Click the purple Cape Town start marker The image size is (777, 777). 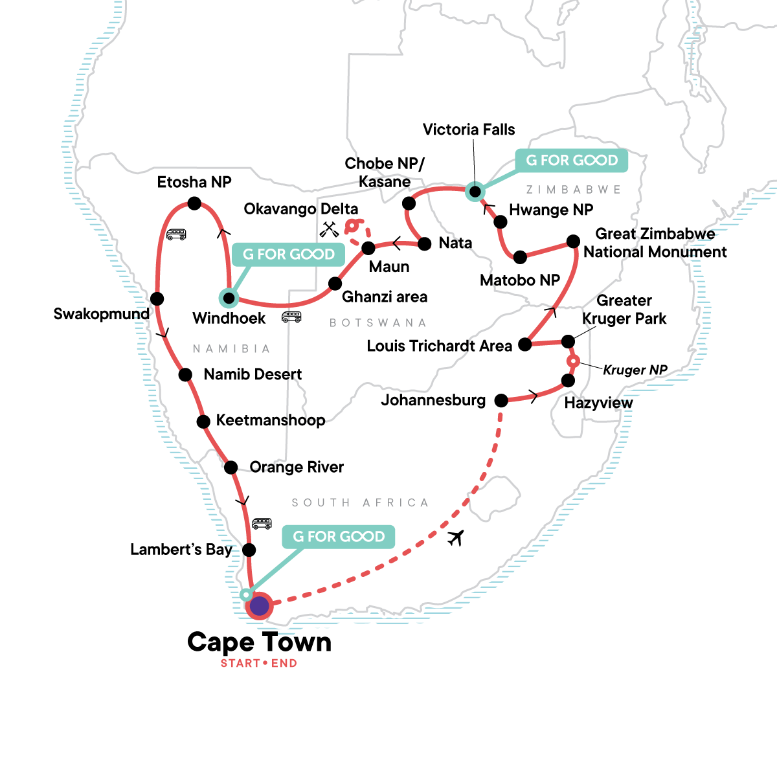coord(259,606)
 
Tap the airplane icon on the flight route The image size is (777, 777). coord(456,537)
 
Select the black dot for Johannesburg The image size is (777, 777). coord(501,401)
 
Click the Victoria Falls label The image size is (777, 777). coord(468,129)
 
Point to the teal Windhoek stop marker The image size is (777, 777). coord(229,298)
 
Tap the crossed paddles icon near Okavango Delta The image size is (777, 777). coord(330,229)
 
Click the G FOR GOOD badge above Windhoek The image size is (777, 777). coord(288,254)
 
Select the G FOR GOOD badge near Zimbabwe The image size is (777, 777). coord(572,161)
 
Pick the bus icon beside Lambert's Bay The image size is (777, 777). coord(262,524)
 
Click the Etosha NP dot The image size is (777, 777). coord(194,203)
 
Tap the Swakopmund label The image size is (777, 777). coord(101,314)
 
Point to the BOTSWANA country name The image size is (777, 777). coord(378,322)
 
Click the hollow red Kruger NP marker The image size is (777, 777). coord(572,361)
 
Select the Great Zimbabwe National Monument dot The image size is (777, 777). coord(573,242)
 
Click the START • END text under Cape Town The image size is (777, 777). coord(258,663)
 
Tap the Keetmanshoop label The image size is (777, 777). coord(271,420)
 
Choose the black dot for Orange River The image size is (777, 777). coord(231,467)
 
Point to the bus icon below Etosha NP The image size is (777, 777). coord(176,234)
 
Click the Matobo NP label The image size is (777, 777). coord(519,280)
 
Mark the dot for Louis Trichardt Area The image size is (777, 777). coord(525,344)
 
